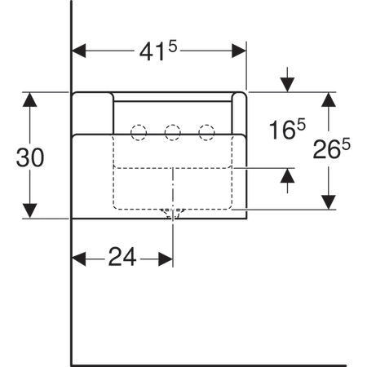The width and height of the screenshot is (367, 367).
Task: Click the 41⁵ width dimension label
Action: click(x=158, y=50)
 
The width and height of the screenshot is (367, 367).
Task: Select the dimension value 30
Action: click(x=30, y=157)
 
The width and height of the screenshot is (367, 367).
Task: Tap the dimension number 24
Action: click(x=122, y=257)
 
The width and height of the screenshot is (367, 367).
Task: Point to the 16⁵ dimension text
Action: click(x=287, y=129)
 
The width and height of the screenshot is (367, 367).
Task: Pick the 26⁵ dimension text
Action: click(x=331, y=148)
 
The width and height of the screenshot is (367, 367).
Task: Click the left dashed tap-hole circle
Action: click(x=139, y=133)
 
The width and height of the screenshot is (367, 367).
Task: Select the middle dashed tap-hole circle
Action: click(x=173, y=133)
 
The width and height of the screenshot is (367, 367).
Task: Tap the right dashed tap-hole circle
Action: click(x=206, y=133)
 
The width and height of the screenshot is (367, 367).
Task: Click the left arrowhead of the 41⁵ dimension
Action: click(x=79, y=51)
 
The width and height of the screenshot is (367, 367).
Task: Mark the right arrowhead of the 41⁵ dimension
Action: click(x=239, y=51)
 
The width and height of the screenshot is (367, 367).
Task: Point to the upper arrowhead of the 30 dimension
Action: click(x=29, y=99)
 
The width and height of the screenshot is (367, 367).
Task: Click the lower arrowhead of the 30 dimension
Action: click(x=29, y=210)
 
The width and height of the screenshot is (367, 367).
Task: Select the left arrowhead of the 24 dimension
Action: click(x=79, y=259)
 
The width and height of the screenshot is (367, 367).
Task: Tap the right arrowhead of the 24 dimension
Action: click(x=166, y=259)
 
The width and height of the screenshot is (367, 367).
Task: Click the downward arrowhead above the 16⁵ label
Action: click(x=287, y=85)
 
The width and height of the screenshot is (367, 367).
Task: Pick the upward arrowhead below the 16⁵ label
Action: click(x=287, y=175)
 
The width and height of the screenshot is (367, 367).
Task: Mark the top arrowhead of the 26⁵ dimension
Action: click(x=329, y=99)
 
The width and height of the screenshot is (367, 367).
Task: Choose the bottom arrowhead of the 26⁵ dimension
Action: click(x=329, y=202)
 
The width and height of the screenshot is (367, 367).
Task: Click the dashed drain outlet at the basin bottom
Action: click(x=173, y=214)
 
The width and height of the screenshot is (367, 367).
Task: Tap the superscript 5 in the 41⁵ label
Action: click(x=173, y=46)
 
